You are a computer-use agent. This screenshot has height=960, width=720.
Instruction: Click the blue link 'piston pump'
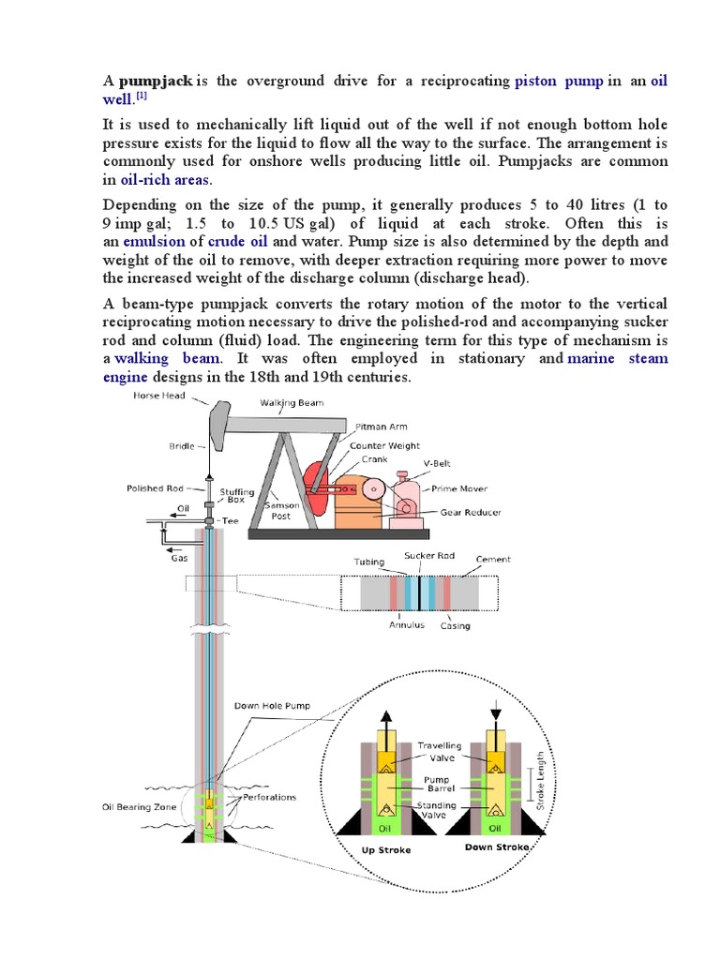[x=559, y=82]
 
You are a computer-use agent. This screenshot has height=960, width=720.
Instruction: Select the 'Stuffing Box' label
[x=236, y=496]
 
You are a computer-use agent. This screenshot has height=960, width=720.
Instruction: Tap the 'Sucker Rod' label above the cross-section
[x=429, y=556]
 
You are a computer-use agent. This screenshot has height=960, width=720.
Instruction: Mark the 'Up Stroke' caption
[x=386, y=850]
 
